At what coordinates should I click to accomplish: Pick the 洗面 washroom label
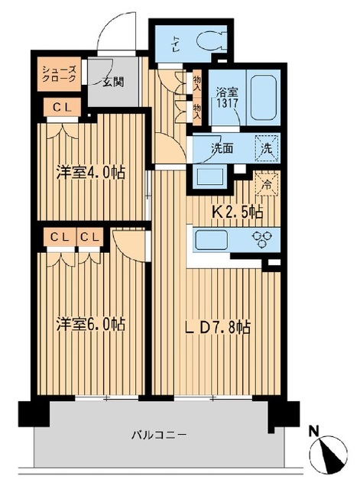coord(223,148)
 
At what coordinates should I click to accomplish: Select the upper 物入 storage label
coord(197,81)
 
